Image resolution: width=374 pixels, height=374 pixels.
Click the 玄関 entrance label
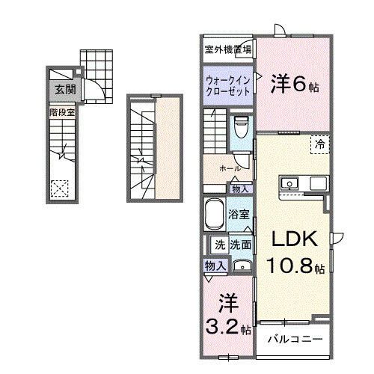click(60, 89)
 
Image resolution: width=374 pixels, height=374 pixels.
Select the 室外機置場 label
click(227, 49)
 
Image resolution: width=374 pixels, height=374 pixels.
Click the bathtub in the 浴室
click(215, 216)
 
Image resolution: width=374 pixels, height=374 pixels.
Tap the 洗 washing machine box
click(220, 245)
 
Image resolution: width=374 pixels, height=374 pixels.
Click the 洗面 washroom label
click(240, 245)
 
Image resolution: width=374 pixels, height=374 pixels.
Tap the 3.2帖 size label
click(226, 327)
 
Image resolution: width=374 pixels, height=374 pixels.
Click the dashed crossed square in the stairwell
click(60, 188)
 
